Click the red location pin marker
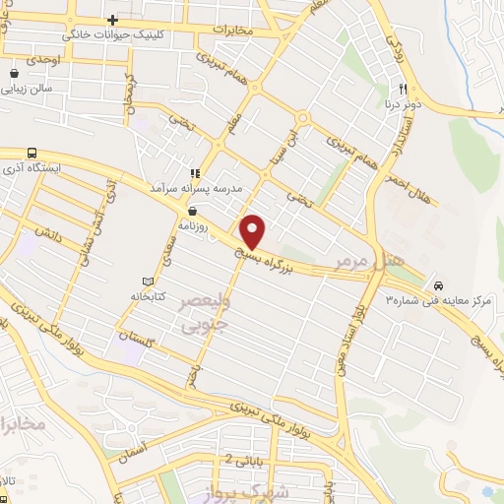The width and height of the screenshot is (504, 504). [253, 231]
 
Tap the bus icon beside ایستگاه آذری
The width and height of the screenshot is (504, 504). [32, 154]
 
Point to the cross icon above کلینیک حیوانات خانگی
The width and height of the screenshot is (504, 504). [113, 20]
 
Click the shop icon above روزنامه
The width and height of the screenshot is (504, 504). [191, 211]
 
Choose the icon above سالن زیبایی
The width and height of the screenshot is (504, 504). [15, 73]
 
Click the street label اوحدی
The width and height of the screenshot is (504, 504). [43, 60]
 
